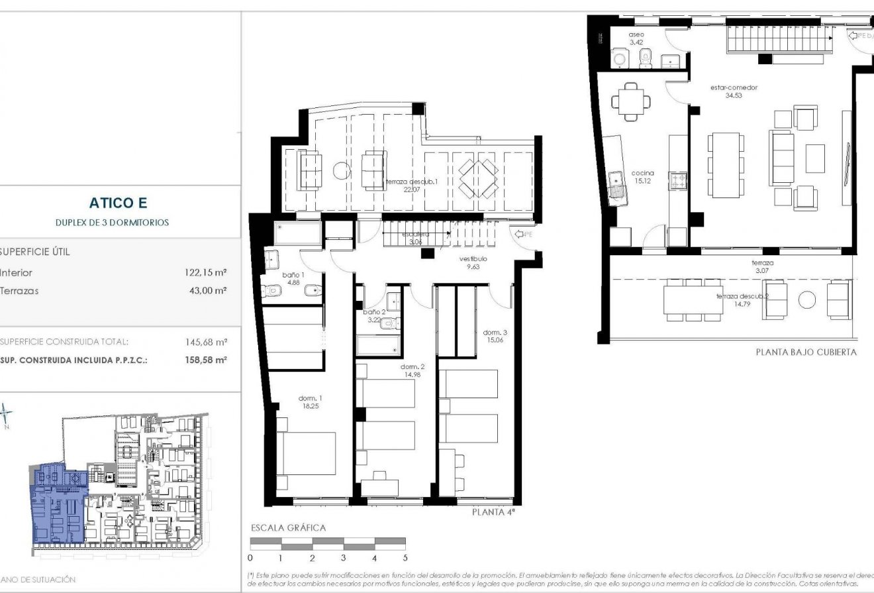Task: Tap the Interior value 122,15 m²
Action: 205,272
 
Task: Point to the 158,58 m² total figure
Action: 207,360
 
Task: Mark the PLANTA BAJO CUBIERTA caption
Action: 806,352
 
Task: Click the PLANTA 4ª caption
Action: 493,512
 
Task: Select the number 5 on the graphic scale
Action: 405,558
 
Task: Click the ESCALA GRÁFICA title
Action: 288,528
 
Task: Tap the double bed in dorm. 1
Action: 306,452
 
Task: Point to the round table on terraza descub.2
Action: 807,300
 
